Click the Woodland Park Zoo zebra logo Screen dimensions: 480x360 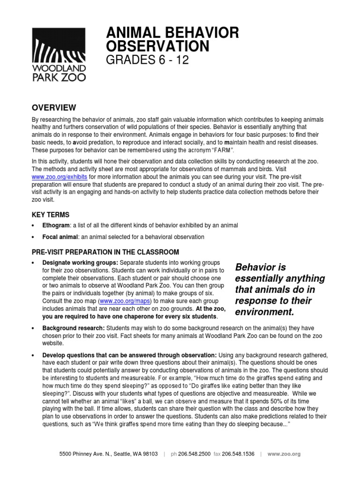tap(59, 54)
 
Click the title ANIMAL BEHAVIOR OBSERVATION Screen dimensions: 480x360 tap(172, 39)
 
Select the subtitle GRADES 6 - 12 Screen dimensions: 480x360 tap(148, 60)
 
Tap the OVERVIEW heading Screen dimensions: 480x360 tap(53, 108)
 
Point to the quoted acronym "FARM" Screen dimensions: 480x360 tap(219, 150)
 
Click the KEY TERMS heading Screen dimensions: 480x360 tap(51, 215)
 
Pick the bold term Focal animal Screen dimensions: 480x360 tap(60, 237)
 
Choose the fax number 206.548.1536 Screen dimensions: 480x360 tap(238, 454)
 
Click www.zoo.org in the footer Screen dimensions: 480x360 tap(284, 454)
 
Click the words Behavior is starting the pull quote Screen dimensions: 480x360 tap(260, 267)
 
